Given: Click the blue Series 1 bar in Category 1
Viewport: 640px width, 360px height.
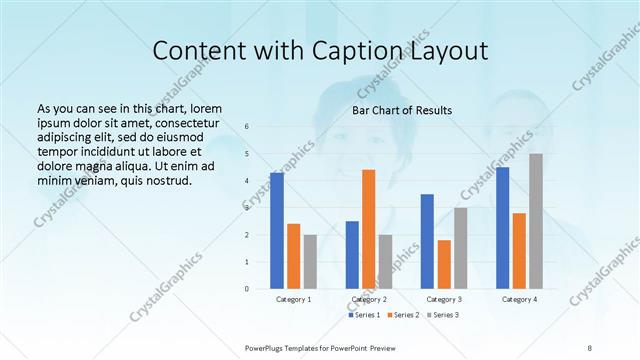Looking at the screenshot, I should [x=277, y=231].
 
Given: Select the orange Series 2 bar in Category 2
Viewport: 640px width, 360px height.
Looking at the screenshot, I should [x=369, y=229].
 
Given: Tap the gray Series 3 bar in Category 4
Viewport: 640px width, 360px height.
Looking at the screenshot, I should [x=536, y=221].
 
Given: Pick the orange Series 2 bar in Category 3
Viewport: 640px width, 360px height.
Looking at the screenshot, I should [x=444, y=264].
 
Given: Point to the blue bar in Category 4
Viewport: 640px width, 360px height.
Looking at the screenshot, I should [x=502, y=228].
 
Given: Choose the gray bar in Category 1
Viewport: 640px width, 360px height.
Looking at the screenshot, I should [x=310, y=262].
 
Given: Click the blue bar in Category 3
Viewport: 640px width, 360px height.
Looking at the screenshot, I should [x=427, y=241].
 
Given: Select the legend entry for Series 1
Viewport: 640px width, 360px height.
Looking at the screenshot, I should [x=364, y=315].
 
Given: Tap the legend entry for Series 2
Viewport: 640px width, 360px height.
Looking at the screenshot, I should [x=402, y=315].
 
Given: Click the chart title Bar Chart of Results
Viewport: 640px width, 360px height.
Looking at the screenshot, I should [x=402, y=110].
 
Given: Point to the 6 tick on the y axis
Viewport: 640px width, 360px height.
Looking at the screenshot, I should [x=247, y=126].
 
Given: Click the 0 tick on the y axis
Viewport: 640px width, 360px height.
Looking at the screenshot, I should [x=247, y=289].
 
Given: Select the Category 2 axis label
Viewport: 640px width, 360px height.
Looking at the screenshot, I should [x=368, y=299].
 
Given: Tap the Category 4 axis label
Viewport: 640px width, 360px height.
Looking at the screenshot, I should [x=519, y=299].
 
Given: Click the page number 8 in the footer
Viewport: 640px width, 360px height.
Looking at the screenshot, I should [x=589, y=346].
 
